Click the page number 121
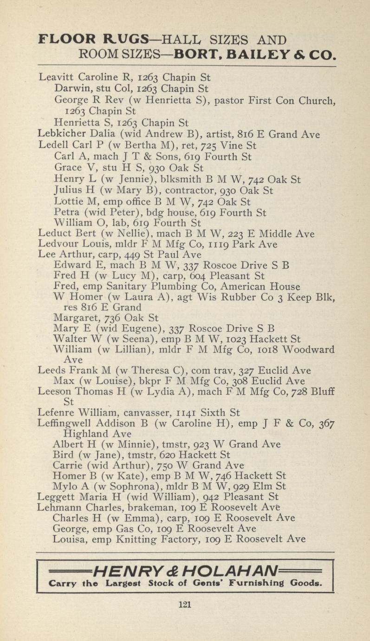[x=185, y=604]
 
